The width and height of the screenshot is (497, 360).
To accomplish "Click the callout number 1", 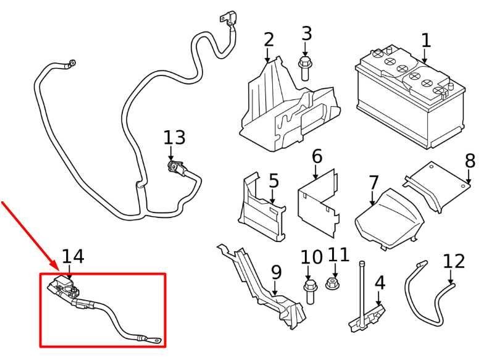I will pyautogui.click(x=425, y=41).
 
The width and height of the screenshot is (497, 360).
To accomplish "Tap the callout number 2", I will pyautogui.click(x=268, y=40).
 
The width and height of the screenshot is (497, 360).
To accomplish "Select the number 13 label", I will pyautogui.click(x=174, y=138).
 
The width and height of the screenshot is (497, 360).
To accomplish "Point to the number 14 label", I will pyautogui.click(x=73, y=256).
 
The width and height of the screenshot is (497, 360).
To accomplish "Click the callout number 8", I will pyautogui.click(x=470, y=161).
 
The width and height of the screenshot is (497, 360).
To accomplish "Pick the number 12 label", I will pyautogui.click(x=454, y=261).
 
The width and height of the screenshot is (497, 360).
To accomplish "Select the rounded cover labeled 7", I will pyautogui.click(x=388, y=216).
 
